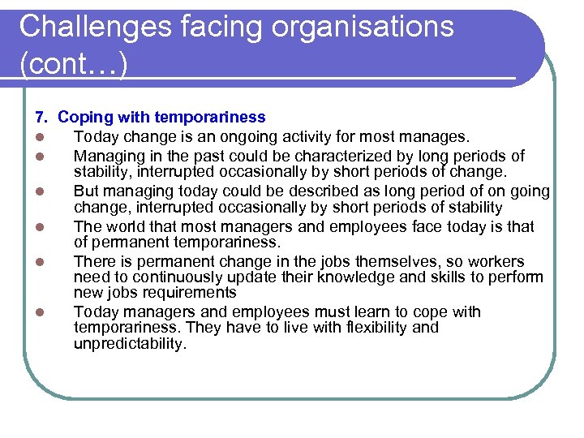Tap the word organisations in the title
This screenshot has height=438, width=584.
(x=361, y=27)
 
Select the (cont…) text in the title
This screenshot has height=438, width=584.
(x=73, y=64)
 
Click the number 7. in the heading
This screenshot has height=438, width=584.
(x=41, y=118)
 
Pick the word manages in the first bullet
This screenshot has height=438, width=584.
(x=440, y=137)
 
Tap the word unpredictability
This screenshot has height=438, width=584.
(x=130, y=343)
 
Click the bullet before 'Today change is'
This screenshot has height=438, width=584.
(x=39, y=138)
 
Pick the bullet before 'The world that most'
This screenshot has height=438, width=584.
(x=39, y=228)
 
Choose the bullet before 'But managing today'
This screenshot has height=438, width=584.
(x=39, y=192)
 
